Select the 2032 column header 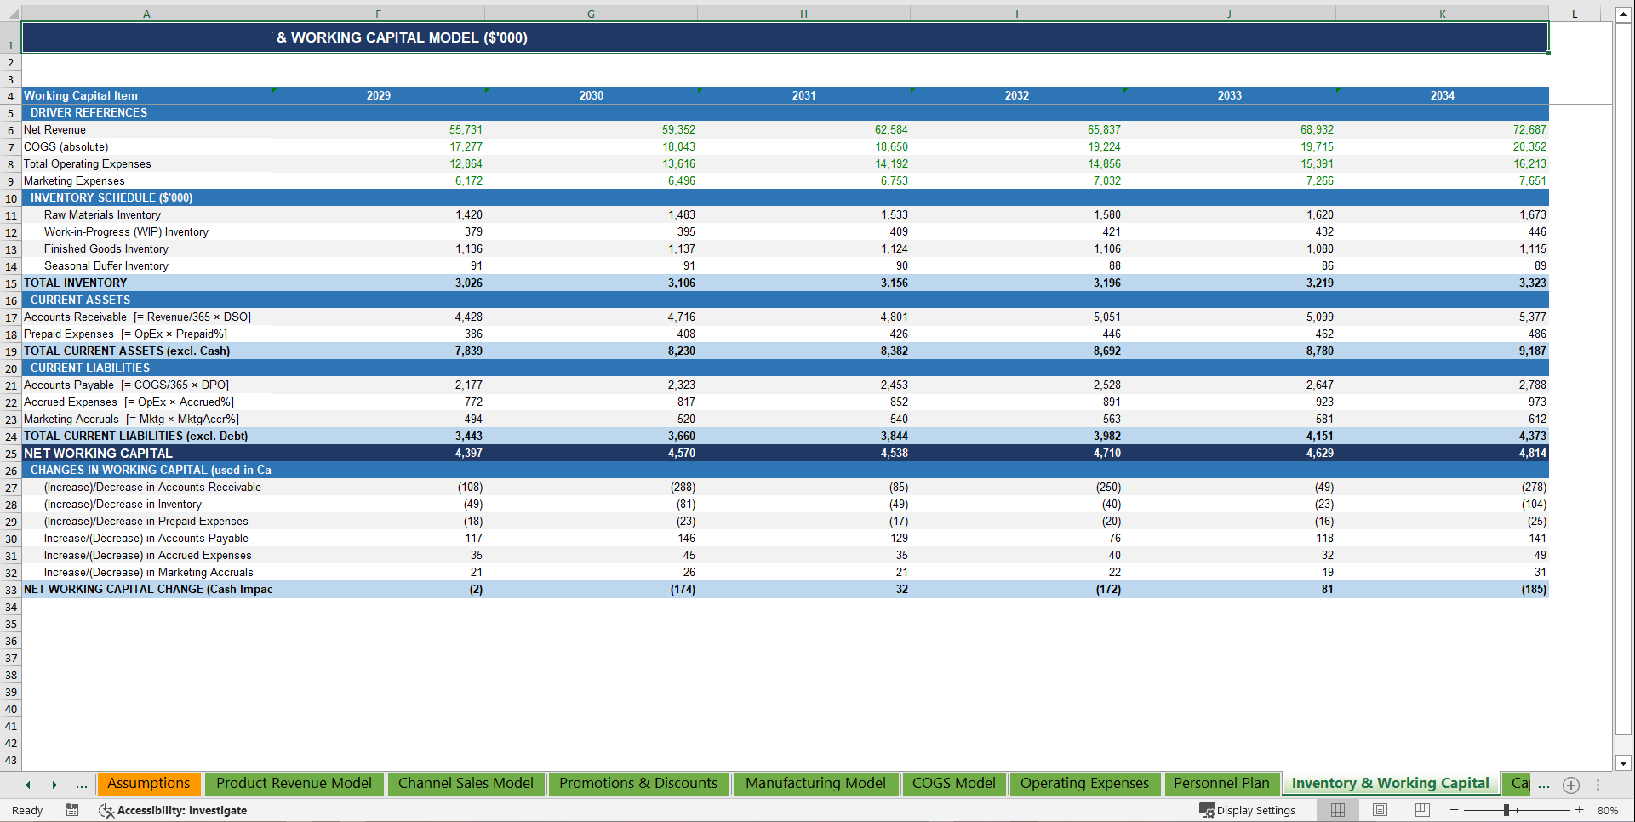1016,95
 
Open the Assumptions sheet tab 149,783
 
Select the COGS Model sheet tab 953,783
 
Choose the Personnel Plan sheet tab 1221,783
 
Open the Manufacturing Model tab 815,783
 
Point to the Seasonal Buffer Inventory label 106,265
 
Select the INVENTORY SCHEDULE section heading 111,197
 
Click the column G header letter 591,14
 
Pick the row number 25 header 11,454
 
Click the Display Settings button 1248,810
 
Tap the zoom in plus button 1579,810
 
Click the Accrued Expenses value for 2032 1111,402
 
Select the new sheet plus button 1571,785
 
